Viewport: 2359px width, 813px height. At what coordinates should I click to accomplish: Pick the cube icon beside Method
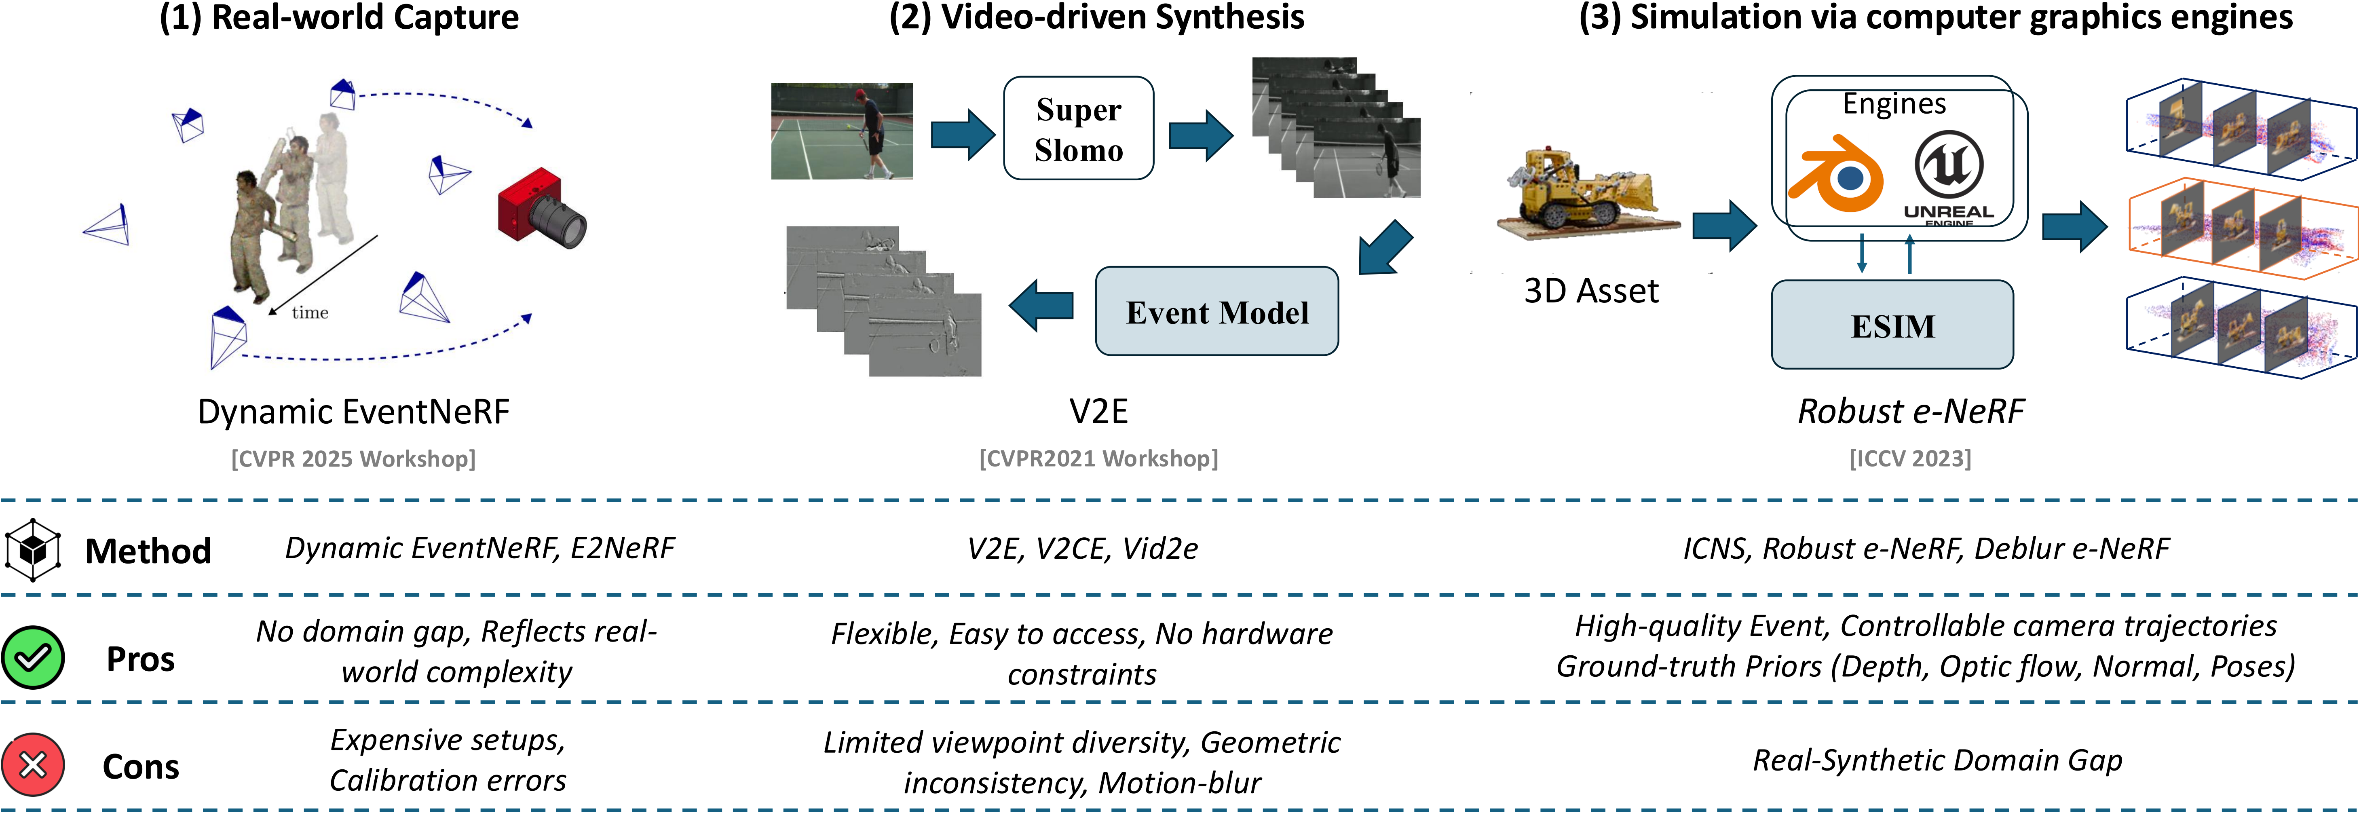pyautogui.click(x=33, y=550)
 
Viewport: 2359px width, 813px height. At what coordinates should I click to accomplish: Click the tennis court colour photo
pyautogui.click(x=842, y=131)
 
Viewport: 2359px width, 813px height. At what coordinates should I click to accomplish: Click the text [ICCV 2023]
pyautogui.click(x=1910, y=458)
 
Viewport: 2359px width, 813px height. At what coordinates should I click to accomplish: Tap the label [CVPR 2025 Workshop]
pyautogui.click(x=353, y=458)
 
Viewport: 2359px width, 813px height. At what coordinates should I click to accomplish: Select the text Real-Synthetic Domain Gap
pyautogui.click(x=1937, y=760)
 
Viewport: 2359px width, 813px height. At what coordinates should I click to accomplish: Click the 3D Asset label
pyautogui.click(x=1591, y=291)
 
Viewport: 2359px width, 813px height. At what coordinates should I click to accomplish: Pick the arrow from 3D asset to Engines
pyautogui.click(x=1723, y=225)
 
